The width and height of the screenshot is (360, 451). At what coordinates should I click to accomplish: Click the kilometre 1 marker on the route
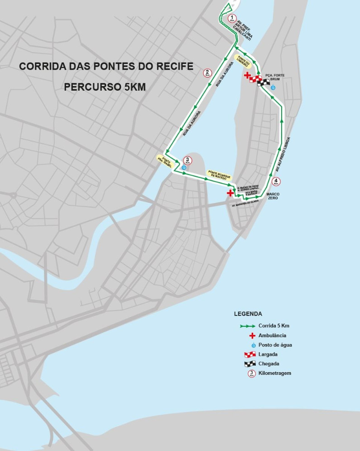click(232, 19)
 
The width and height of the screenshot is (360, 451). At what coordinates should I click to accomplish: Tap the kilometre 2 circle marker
click(207, 73)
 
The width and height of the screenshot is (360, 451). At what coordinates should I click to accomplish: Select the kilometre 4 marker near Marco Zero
click(276, 181)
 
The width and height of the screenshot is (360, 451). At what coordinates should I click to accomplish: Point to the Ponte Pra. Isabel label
click(163, 160)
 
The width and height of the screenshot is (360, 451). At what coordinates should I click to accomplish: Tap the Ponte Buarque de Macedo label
click(219, 175)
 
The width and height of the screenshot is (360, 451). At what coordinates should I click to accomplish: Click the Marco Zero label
click(274, 196)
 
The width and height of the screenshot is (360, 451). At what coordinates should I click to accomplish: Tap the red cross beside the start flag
click(247, 75)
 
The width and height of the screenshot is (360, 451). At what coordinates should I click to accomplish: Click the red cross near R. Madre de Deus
click(230, 193)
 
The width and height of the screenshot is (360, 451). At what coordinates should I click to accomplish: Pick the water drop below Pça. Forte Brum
click(273, 87)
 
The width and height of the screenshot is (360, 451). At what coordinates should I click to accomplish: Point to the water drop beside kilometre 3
click(184, 168)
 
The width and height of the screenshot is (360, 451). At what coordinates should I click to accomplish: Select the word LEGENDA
click(248, 314)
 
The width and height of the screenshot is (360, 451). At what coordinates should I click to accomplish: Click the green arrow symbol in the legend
click(247, 326)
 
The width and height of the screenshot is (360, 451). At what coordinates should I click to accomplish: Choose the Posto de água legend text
click(275, 345)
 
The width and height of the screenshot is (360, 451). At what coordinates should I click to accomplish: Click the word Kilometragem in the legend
click(274, 373)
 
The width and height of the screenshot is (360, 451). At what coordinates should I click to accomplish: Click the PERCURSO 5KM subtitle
click(105, 87)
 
